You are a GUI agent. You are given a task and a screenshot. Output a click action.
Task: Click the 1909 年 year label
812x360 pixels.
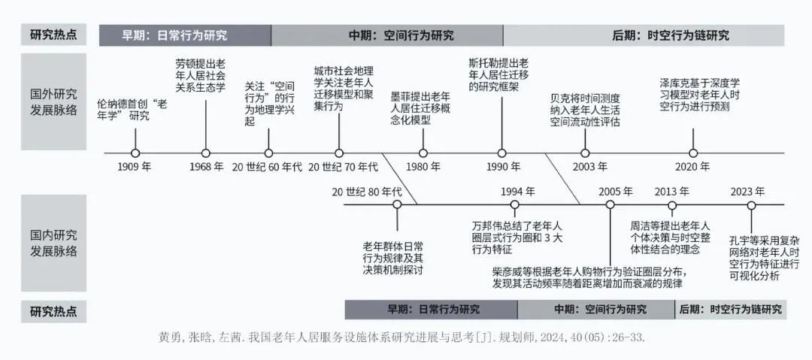(135, 167)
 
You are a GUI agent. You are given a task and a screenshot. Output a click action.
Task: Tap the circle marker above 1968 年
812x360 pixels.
(205, 153)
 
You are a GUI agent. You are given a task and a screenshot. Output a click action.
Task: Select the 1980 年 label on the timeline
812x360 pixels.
(423, 167)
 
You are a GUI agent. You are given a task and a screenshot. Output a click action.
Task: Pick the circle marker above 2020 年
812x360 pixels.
(693, 153)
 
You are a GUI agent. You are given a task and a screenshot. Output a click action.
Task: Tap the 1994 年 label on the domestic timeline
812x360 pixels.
(518, 191)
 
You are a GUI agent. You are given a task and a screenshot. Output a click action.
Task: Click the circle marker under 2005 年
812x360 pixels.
(610, 204)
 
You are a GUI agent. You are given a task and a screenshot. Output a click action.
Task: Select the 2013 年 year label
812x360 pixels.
(671, 191)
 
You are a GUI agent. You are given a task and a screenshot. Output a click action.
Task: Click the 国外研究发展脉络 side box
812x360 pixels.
(54, 101)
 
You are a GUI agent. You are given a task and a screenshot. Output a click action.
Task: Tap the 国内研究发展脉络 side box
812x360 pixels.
(54, 243)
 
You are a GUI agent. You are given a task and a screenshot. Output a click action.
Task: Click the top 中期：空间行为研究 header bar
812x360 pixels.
(386, 35)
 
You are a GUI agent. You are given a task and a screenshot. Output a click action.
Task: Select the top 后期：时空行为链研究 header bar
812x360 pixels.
(644, 35)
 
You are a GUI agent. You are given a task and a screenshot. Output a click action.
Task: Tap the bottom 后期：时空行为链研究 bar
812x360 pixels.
(730, 309)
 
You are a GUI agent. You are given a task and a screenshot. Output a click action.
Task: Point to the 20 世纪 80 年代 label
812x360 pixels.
(368, 191)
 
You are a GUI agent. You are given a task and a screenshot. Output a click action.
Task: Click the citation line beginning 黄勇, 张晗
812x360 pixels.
(403, 337)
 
